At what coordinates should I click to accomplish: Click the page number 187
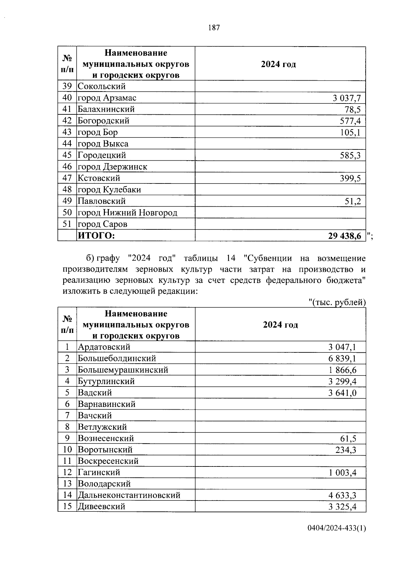point(214,28)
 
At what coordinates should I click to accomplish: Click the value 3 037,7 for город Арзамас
point(346,98)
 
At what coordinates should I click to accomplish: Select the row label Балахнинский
point(106,109)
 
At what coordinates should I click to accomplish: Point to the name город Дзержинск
point(112,167)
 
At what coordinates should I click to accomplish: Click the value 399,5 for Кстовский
point(350,179)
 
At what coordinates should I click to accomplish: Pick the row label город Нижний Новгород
point(127,213)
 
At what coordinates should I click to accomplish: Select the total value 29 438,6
point(344,236)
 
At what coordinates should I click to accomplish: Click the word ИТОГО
point(96,236)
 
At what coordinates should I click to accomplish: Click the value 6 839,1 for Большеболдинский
point(342,359)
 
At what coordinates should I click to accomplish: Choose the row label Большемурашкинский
point(123,370)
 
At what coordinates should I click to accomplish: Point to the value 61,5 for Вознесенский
point(348,439)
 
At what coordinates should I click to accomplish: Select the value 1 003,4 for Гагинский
point(342,473)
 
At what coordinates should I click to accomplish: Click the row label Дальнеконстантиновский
point(129,495)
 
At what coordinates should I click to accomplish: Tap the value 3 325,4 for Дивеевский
point(342,506)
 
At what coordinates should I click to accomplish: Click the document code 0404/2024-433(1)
point(336,538)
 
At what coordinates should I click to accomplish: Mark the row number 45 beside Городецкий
point(67,155)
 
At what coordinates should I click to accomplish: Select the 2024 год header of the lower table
point(280,325)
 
